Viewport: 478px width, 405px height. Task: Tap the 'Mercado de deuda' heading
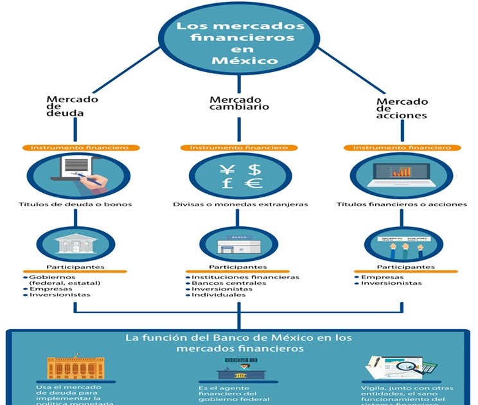72,107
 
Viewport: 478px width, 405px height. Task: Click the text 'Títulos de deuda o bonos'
76,204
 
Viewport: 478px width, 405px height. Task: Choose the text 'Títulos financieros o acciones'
402,204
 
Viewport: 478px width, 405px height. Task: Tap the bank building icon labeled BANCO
238,244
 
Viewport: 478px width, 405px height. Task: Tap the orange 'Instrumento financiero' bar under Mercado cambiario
238,148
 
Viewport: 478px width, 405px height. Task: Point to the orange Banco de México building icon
76,366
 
